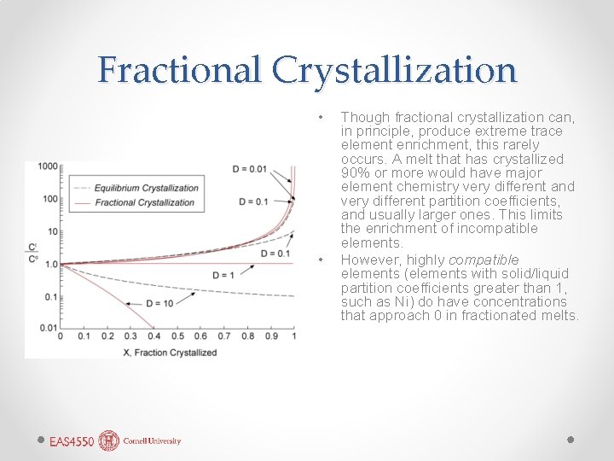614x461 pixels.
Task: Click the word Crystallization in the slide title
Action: coord(395,70)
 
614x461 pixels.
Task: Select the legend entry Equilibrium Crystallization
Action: coord(147,188)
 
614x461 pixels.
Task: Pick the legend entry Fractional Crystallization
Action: coord(145,203)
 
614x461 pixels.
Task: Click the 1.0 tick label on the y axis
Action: coord(49,264)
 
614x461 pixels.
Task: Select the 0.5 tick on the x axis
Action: coord(177,336)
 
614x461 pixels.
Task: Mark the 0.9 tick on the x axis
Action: coord(270,336)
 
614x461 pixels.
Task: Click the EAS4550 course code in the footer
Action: coord(72,441)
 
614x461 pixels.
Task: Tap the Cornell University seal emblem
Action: coord(109,441)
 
